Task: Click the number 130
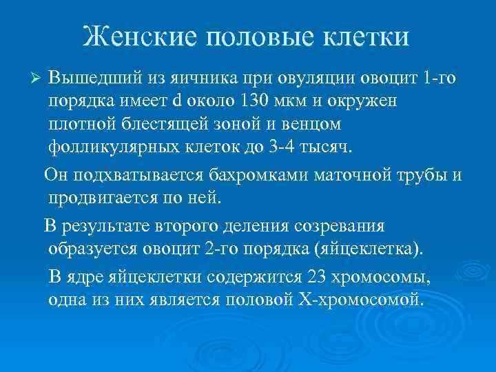[x=251, y=101]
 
